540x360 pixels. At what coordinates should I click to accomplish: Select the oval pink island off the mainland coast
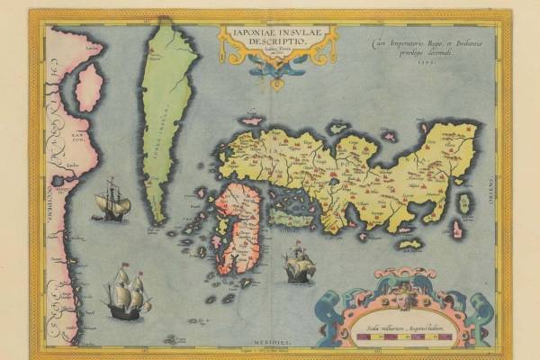click(x=89, y=87)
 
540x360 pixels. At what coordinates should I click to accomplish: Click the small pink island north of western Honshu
click(x=251, y=120)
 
